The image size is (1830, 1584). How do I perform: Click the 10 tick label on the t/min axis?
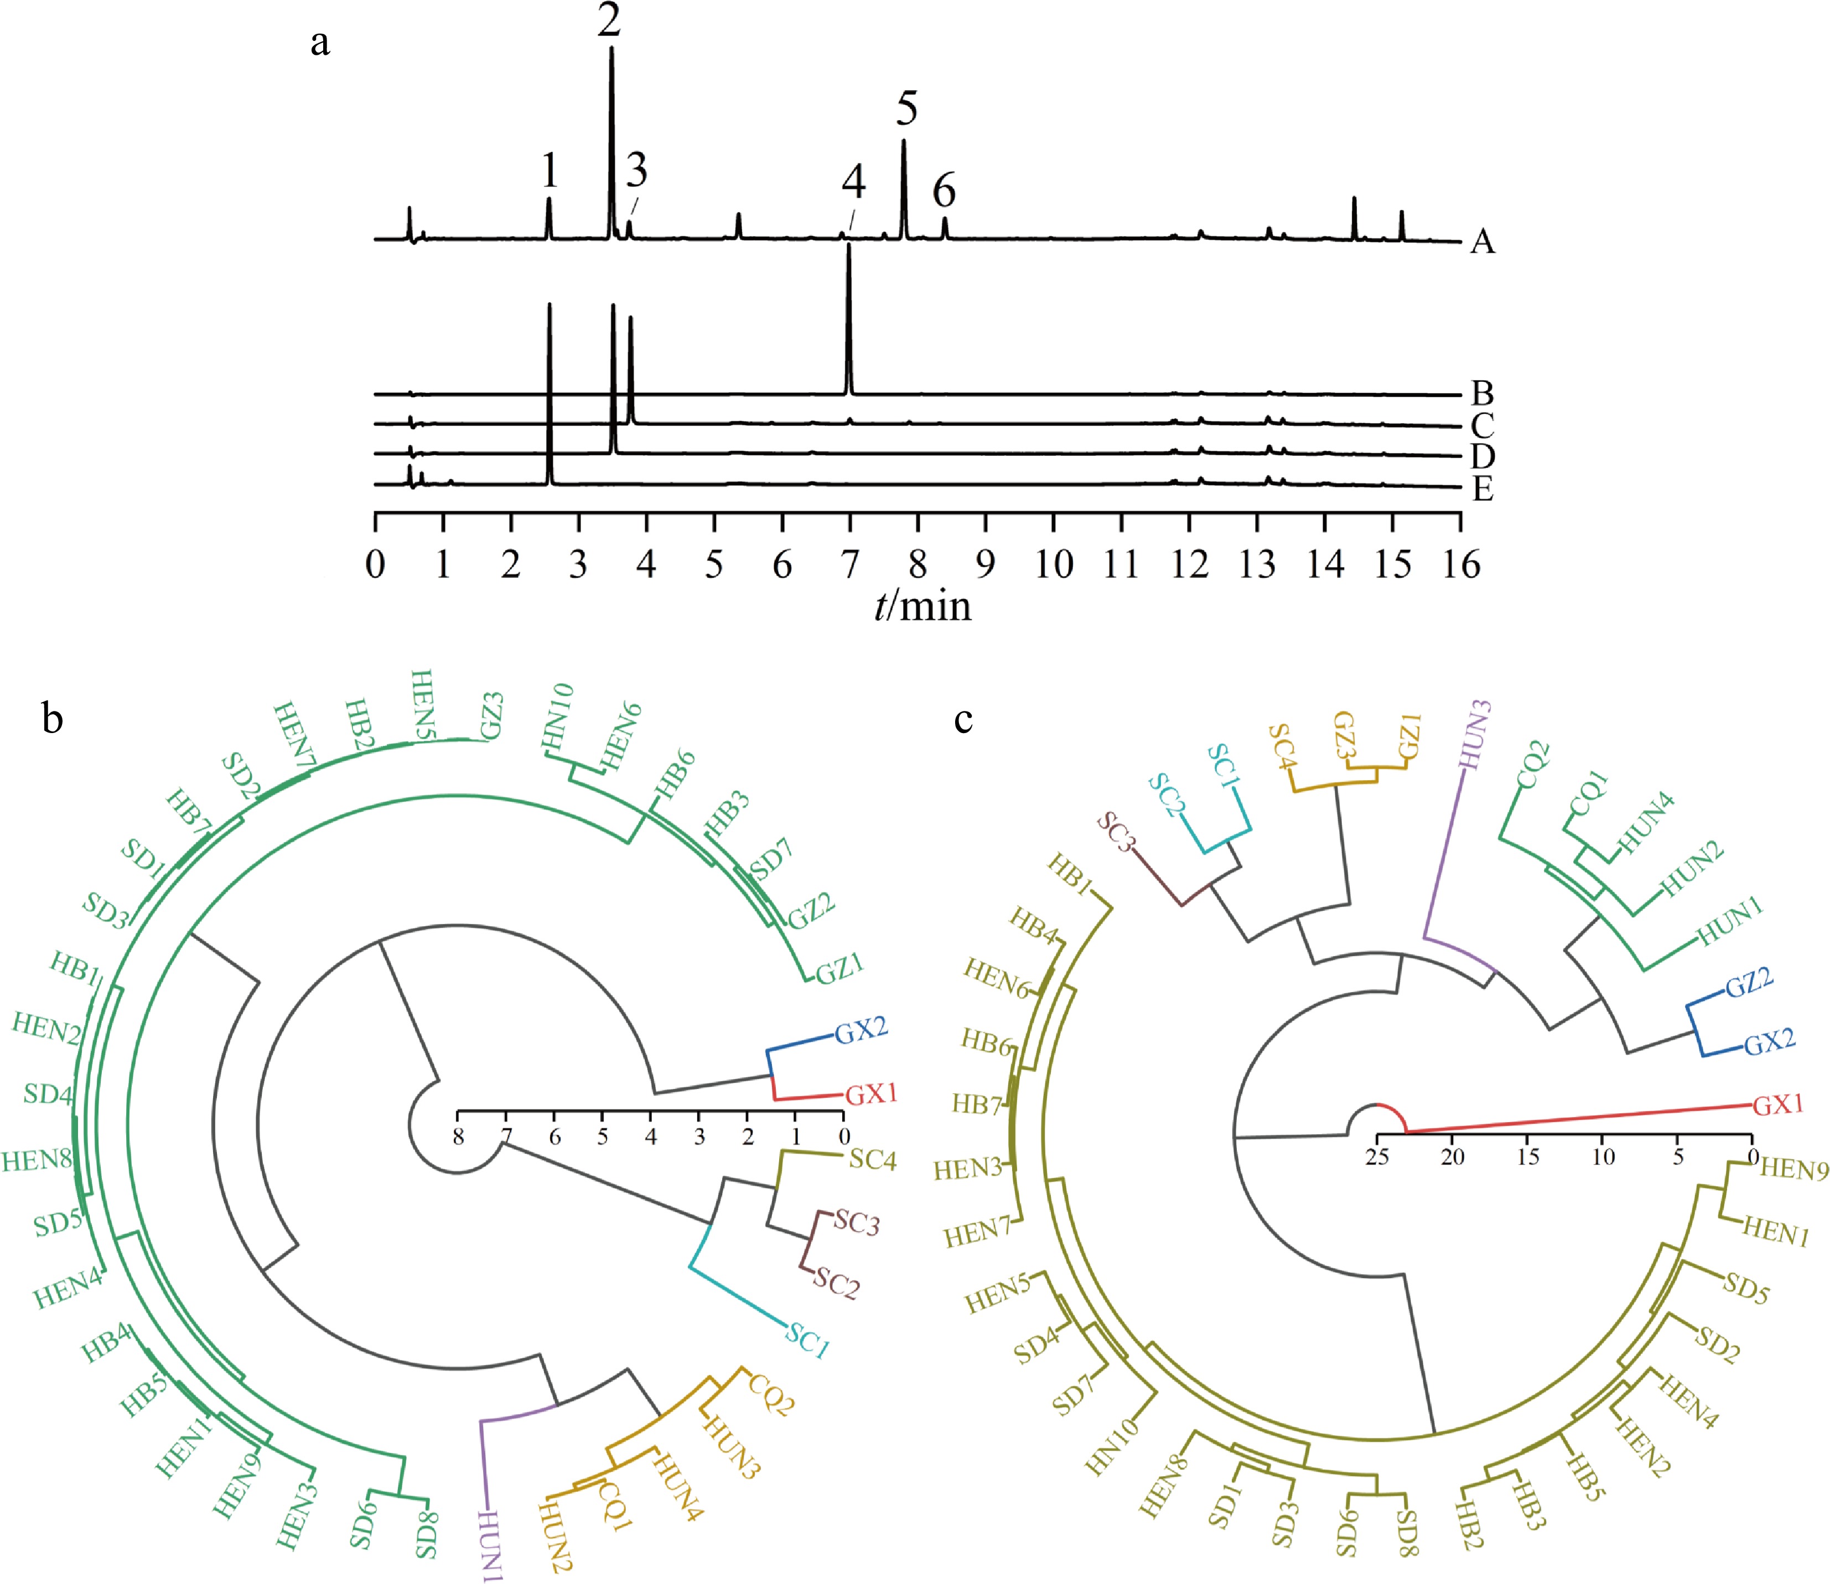click(x=1054, y=564)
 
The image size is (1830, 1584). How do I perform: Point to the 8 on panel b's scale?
click(x=458, y=1137)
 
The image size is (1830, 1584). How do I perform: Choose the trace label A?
click(x=1482, y=241)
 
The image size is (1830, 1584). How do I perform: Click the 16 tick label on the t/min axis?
click(x=1460, y=564)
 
